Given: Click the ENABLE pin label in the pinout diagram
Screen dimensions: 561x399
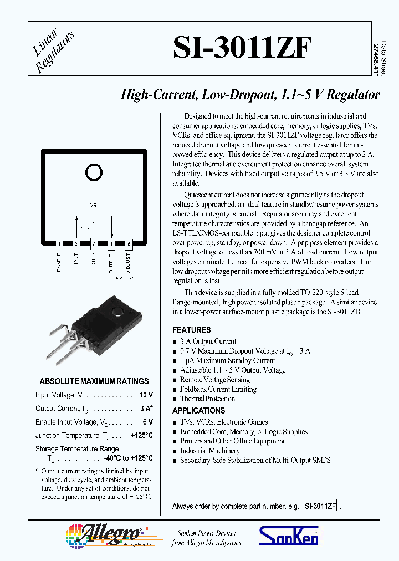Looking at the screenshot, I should (x=59, y=262).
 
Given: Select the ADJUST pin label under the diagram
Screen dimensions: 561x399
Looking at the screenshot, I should (x=129, y=261).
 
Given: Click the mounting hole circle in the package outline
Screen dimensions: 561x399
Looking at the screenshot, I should (x=94, y=173).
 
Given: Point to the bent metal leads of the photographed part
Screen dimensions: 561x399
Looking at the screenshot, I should (x=66, y=344).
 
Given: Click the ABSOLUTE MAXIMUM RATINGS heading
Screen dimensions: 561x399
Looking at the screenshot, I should (x=94, y=381).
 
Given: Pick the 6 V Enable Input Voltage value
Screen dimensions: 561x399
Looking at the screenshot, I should (x=147, y=422).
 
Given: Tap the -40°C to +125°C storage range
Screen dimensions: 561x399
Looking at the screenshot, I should (x=128, y=459).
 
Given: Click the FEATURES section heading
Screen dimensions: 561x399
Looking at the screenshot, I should (x=191, y=330).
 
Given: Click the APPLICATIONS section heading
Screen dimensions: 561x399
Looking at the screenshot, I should (x=198, y=411).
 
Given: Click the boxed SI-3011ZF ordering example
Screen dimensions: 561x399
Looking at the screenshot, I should (x=320, y=507).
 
